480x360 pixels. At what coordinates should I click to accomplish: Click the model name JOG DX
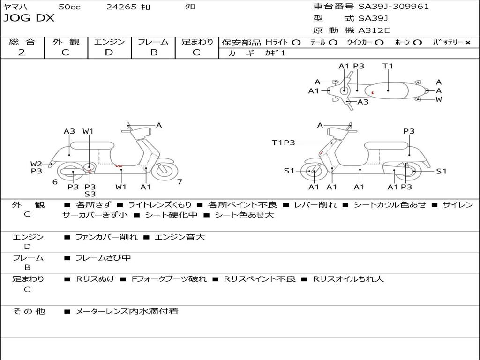click(x=29, y=18)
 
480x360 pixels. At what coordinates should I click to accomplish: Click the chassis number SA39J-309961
click(x=393, y=7)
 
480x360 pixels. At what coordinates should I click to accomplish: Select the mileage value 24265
click(x=121, y=7)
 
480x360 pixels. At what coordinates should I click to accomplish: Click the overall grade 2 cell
click(x=22, y=52)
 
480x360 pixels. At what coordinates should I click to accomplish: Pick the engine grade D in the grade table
click(x=109, y=52)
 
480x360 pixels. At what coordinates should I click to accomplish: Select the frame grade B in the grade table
click(x=153, y=52)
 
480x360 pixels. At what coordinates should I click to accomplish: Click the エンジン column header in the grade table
click(x=109, y=42)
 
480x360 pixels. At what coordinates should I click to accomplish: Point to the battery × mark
click(x=468, y=42)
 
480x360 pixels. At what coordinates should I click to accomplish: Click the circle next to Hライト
click(x=296, y=42)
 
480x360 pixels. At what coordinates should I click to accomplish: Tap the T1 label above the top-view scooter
click(x=388, y=66)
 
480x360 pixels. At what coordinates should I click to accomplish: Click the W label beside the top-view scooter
click(x=439, y=99)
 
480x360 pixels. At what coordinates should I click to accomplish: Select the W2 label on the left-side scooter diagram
click(x=36, y=164)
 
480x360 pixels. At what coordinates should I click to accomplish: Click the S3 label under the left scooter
click(x=90, y=194)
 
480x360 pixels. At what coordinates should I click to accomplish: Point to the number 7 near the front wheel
click(x=180, y=181)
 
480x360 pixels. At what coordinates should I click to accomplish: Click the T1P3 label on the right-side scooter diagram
click(x=283, y=142)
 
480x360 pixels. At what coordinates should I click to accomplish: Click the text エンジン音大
click(x=180, y=237)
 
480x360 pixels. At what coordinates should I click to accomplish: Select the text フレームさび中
click(x=103, y=258)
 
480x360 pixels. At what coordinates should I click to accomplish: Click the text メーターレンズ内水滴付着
click(x=127, y=311)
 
